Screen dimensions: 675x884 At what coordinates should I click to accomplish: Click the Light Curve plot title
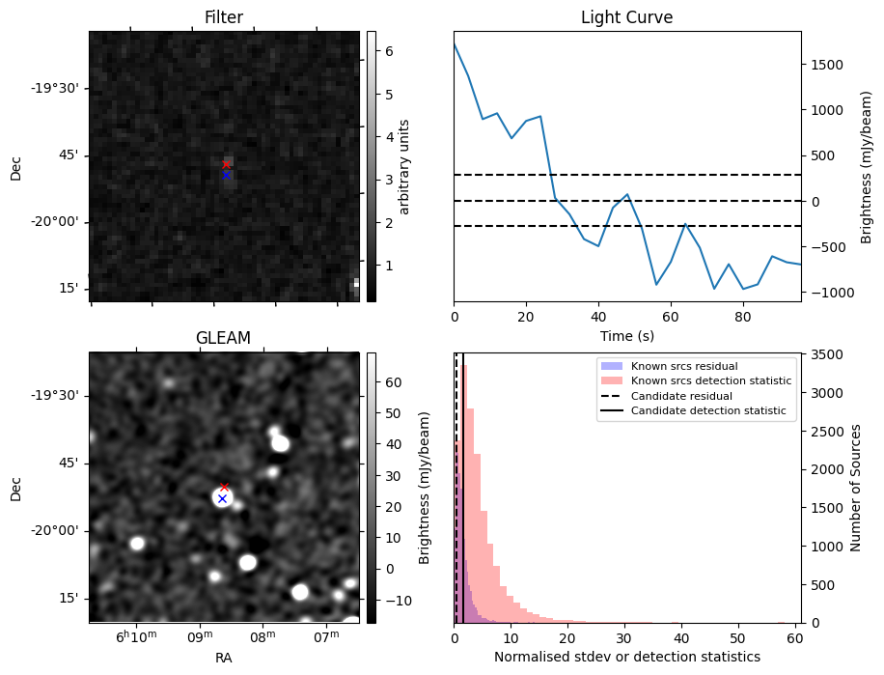point(626,17)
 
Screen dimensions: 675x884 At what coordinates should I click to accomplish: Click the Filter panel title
point(224,17)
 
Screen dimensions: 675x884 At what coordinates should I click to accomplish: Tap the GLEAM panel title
point(224,338)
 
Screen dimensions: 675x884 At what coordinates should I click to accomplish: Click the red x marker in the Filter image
point(227,164)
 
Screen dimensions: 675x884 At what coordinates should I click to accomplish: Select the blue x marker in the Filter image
point(227,175)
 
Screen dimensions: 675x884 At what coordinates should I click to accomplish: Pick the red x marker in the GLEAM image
point(224,487)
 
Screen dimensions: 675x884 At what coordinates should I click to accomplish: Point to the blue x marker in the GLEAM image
point(222,498)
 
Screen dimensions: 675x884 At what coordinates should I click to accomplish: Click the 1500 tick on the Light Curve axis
point(827,65)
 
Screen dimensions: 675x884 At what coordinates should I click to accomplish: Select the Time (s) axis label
point(626,335)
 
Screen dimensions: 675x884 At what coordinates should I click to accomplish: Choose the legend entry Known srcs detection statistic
point(711,380)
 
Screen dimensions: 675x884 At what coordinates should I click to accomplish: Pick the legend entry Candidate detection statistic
point(707,411)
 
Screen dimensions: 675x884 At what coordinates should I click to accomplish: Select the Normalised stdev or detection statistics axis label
point(626,657)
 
